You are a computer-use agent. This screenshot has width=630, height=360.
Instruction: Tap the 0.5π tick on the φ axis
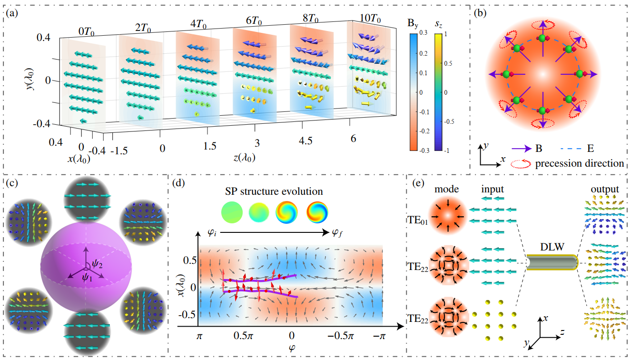click(x=243, y=337)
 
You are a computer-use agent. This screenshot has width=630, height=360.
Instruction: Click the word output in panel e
click(x=601, y=189)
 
